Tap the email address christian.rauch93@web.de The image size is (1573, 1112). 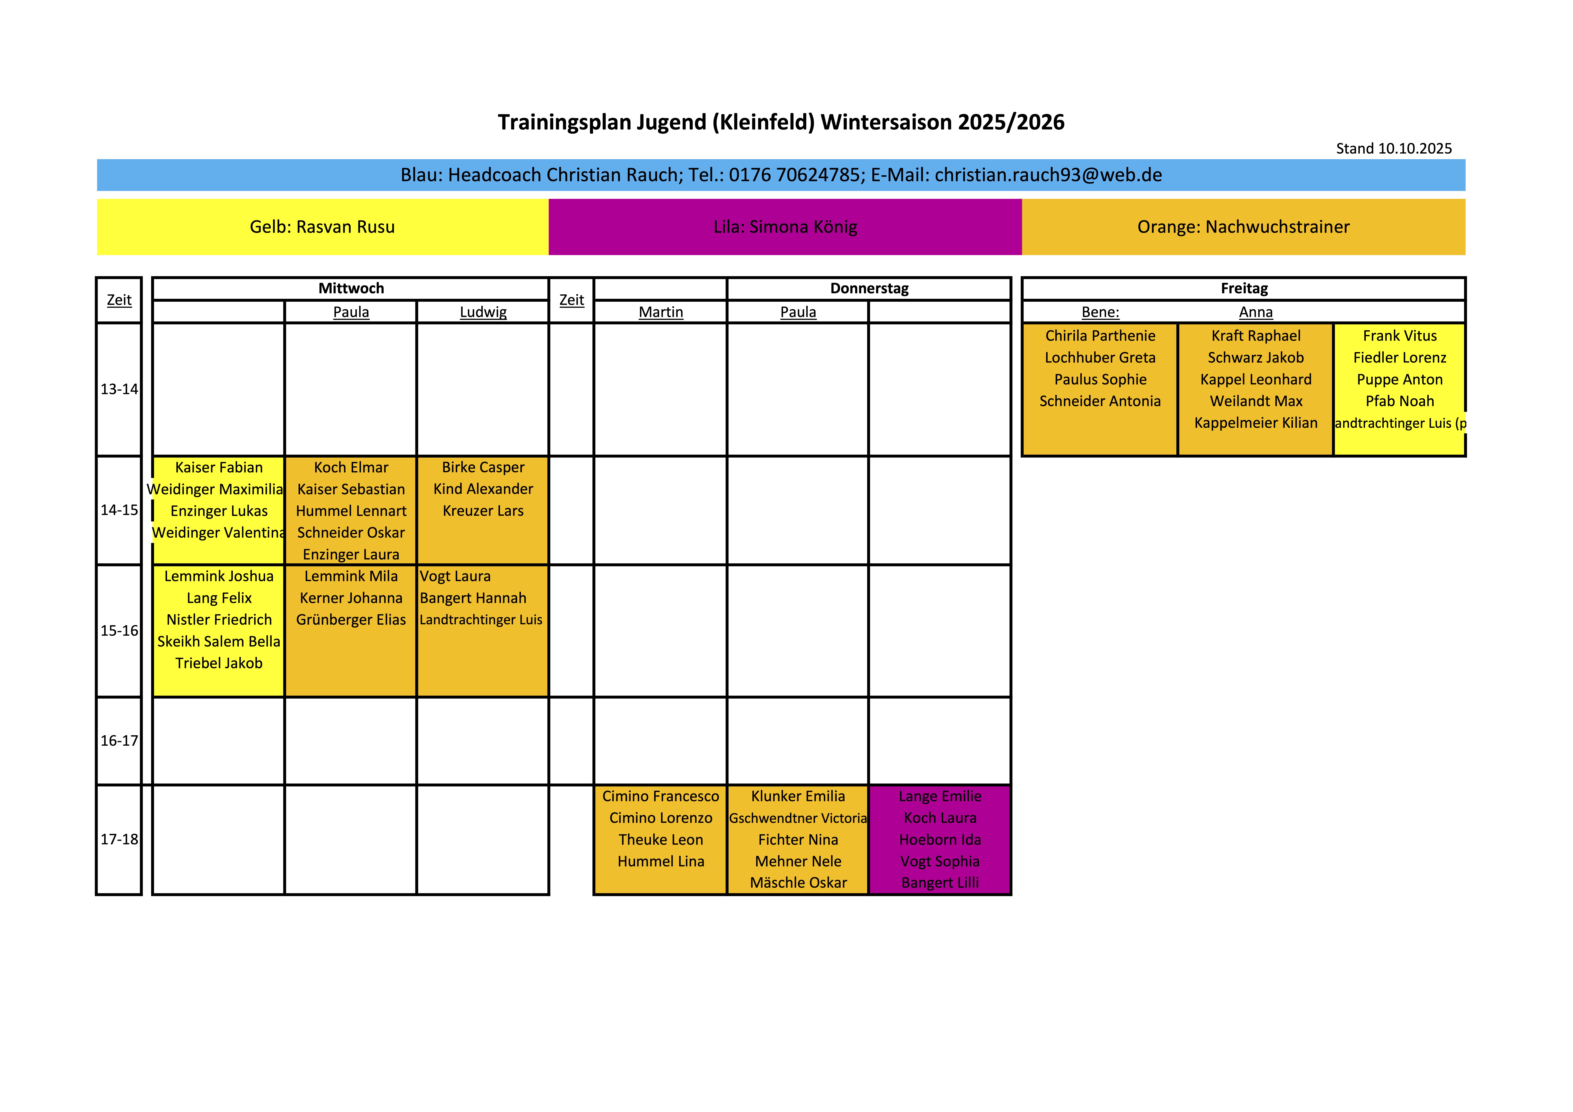click(1048, 175)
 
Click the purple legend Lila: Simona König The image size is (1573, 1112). click(785, 227)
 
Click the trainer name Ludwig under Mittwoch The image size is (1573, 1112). click(483, 313)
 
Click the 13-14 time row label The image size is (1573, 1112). click(119, 389)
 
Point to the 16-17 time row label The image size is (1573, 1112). click(119, 741)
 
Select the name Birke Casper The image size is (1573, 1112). click(483, 467)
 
